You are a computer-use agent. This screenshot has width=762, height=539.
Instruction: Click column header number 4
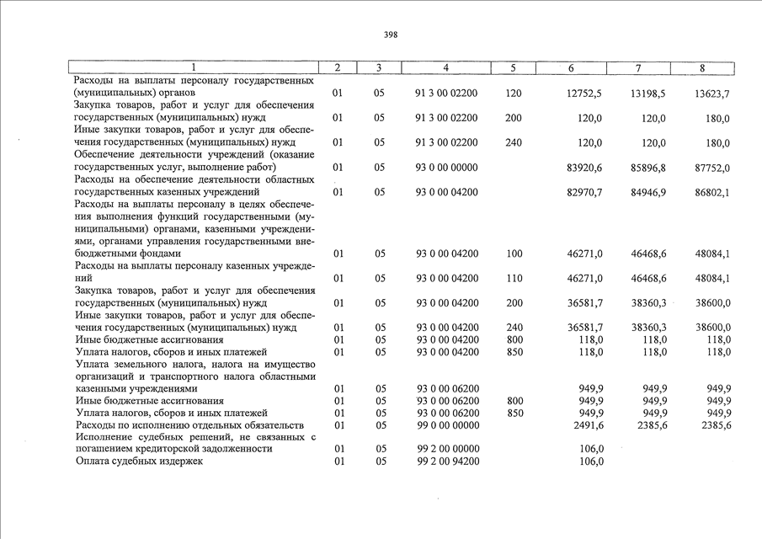coord(445,67)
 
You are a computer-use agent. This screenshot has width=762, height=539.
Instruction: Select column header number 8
coord(702,67)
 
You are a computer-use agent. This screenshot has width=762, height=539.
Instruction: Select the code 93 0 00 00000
coord(447,168)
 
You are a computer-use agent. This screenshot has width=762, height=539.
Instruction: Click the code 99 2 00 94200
coord(447,462)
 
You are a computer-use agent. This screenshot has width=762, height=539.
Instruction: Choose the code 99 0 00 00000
coord(447,425)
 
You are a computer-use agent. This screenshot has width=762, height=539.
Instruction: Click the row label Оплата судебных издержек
coord(139,462)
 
